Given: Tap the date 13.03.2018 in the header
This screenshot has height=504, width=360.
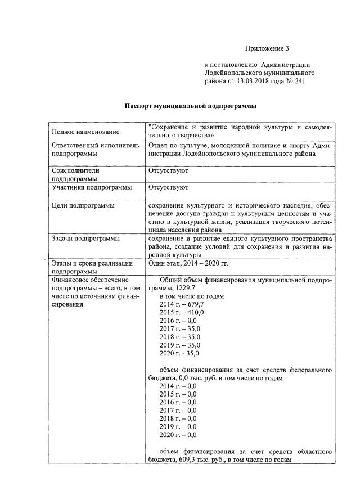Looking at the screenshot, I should click(x=246, y=82).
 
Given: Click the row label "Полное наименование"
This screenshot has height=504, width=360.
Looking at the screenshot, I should click(x=85, y=132).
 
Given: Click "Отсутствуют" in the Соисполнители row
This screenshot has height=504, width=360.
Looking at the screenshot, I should click(x=168, y=170).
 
